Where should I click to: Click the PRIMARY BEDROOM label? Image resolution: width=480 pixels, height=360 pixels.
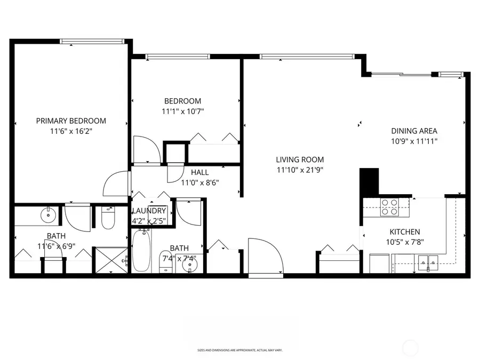pos(71,121)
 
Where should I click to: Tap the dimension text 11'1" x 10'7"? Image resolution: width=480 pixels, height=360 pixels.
pos(183,111)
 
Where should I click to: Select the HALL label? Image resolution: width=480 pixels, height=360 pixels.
pos(199,172)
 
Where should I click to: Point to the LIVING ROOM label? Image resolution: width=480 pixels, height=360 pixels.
pos(300,159)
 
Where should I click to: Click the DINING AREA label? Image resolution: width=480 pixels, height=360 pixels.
pos(414,131)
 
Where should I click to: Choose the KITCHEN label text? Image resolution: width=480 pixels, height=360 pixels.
pos(404,232)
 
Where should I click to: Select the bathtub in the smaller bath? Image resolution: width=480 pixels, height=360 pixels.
pos(142,250)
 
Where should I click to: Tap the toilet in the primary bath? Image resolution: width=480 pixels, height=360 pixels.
pos(108,218)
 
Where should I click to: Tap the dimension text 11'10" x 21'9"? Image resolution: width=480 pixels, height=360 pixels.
pos(300,170)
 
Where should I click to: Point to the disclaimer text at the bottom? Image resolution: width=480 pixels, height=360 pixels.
pos(239,350)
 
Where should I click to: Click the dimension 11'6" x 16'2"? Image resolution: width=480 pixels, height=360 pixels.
pos(71,131)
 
